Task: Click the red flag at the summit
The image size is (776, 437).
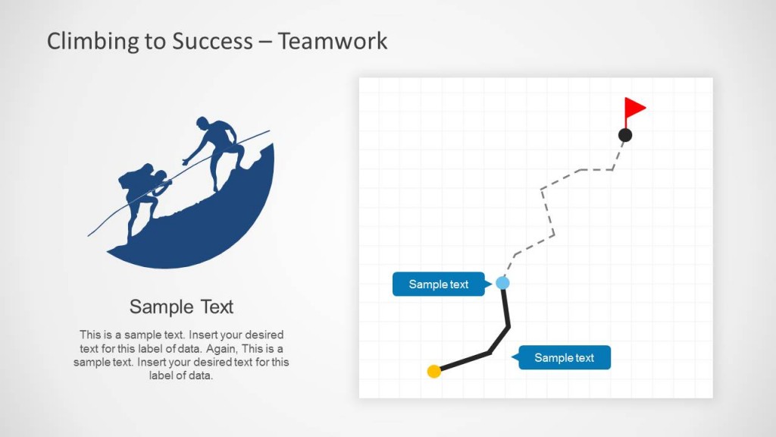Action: click(x=634, y=108)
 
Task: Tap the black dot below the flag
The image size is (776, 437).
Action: click(x=625, y=135)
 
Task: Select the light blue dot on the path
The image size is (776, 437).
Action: click(x=502, y=283)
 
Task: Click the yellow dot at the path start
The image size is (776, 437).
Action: click(x=434, y=371)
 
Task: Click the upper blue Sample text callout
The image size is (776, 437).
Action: click(x=438, y=285)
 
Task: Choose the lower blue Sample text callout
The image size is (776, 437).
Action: click(x=564, y=358)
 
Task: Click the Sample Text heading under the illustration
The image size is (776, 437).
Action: click(x=181, y=307)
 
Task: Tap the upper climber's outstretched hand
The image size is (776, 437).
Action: click(x=185, y=162)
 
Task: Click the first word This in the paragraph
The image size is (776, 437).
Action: click(x=89, y=335)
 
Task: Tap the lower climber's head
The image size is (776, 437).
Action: click(x=160, y=176)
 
